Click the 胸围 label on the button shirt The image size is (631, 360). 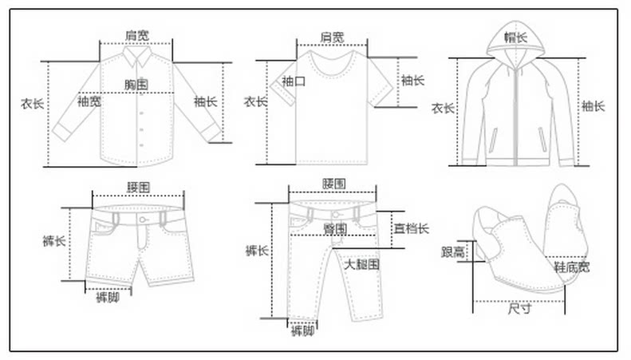[x=137, y=84]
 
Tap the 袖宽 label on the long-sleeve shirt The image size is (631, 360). [x=89, y=101]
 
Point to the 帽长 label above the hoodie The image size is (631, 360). [x=515, y=37]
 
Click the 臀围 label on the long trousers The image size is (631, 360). [x=335, y=228]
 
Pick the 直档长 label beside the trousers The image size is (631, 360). [x=411, y=228]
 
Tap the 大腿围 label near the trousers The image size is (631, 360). [x=361, y=263]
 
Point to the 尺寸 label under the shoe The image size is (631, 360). [x=519, y=310]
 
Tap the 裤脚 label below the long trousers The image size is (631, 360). [x=302, y=330]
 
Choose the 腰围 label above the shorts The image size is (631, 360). [x=138, y=188]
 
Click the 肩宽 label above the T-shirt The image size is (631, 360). [x=332, y=37]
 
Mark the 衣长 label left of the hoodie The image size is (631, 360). [x=443, y=108]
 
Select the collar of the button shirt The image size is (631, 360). [x=137, y=57]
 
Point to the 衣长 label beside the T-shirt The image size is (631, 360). [x=254, y=102]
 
